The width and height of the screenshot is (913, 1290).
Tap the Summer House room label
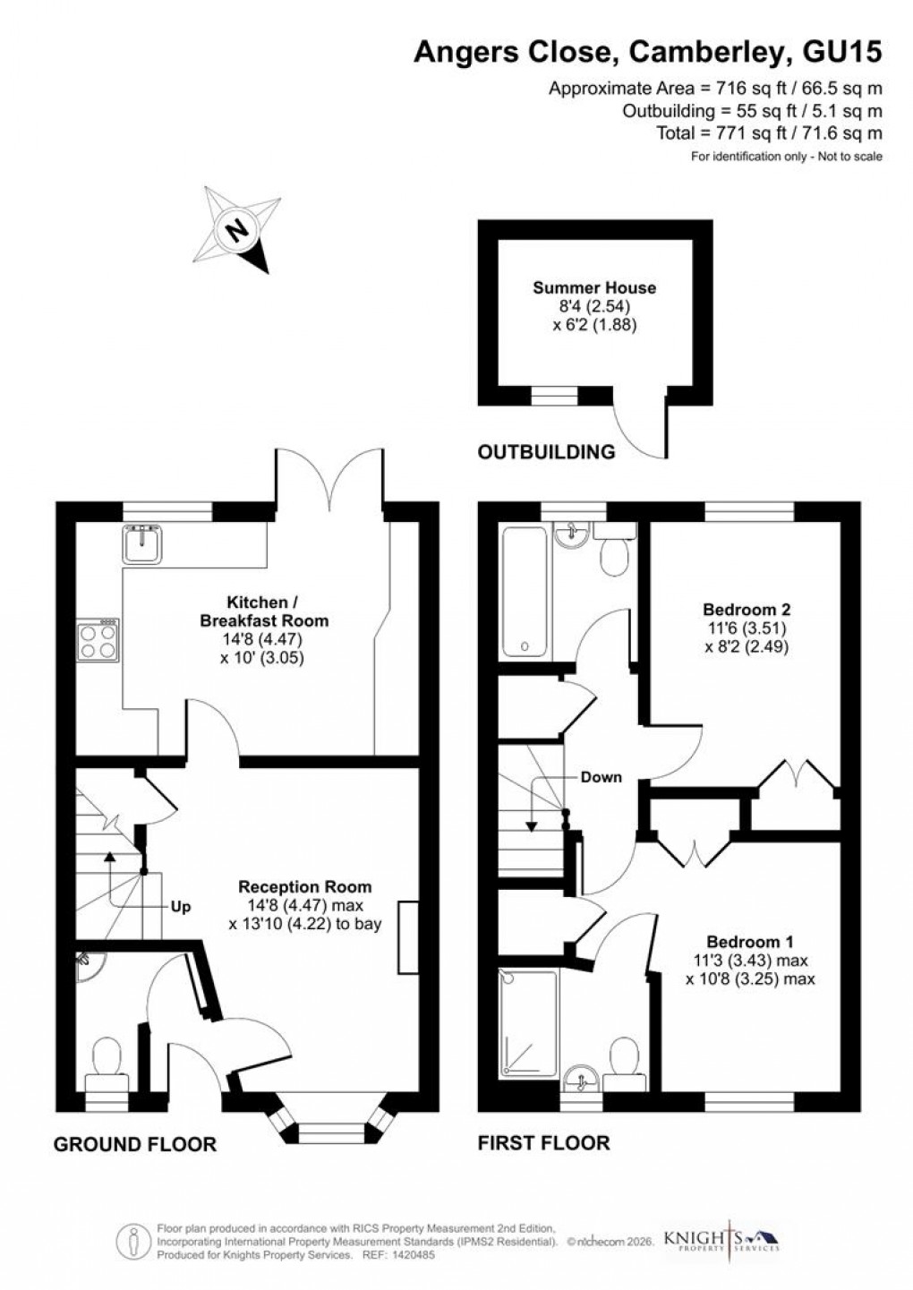(594, 287)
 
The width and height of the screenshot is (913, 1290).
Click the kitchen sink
(142, 543)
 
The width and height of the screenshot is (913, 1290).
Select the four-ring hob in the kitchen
(98, 639)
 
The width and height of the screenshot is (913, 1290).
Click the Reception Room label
(304, 886)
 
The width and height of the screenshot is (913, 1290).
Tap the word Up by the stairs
(181, 906)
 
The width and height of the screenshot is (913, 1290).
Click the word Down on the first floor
(601, 776)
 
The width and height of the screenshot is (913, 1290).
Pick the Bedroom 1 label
(750, 942)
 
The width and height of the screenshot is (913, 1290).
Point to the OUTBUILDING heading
(546, 452)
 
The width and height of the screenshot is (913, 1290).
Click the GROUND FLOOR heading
(135, 1144)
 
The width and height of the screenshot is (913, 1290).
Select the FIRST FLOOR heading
(543, 1142)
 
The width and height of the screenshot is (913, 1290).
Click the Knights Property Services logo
(721, 1240)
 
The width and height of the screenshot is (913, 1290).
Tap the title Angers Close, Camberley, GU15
(647, 53)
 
